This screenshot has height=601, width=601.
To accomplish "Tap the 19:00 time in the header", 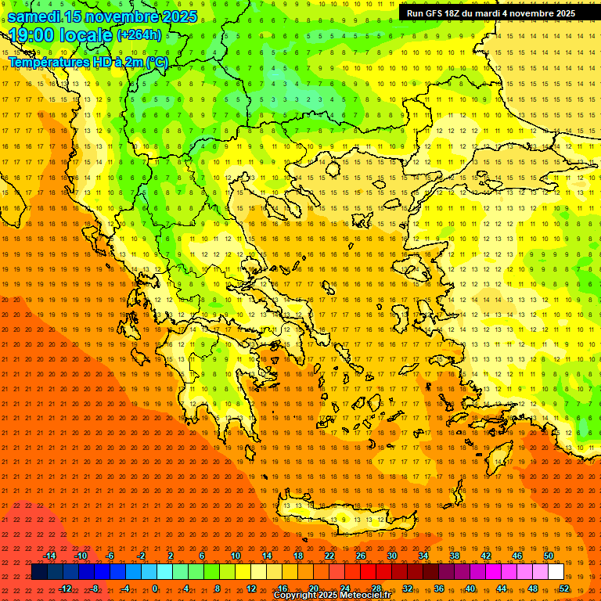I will (x=35, y=35).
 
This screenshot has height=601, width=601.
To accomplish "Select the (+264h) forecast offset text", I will (x=139, y=34).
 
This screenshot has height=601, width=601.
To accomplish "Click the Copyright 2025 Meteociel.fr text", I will (x=332, y=596).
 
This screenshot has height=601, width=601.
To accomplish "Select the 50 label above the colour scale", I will (x=548, y=556).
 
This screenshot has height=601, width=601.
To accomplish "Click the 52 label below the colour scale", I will (x=563, y=588).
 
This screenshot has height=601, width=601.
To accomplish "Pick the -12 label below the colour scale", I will (x=65, y=588).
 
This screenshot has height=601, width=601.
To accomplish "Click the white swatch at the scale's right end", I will (x=556, y=572).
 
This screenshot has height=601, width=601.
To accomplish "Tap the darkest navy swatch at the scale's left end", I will (x=39, y=572).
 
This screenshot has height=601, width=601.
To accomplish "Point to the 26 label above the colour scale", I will (x=361, y=556).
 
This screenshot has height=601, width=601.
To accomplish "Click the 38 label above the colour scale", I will (x=455, y=556).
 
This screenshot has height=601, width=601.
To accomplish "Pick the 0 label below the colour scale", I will (x=155, y=588).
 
